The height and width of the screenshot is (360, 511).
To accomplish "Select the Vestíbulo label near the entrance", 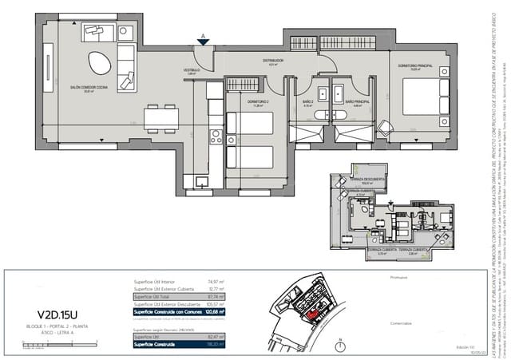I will coord(192,71).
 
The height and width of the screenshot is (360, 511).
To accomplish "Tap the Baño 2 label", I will coord(308,102).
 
